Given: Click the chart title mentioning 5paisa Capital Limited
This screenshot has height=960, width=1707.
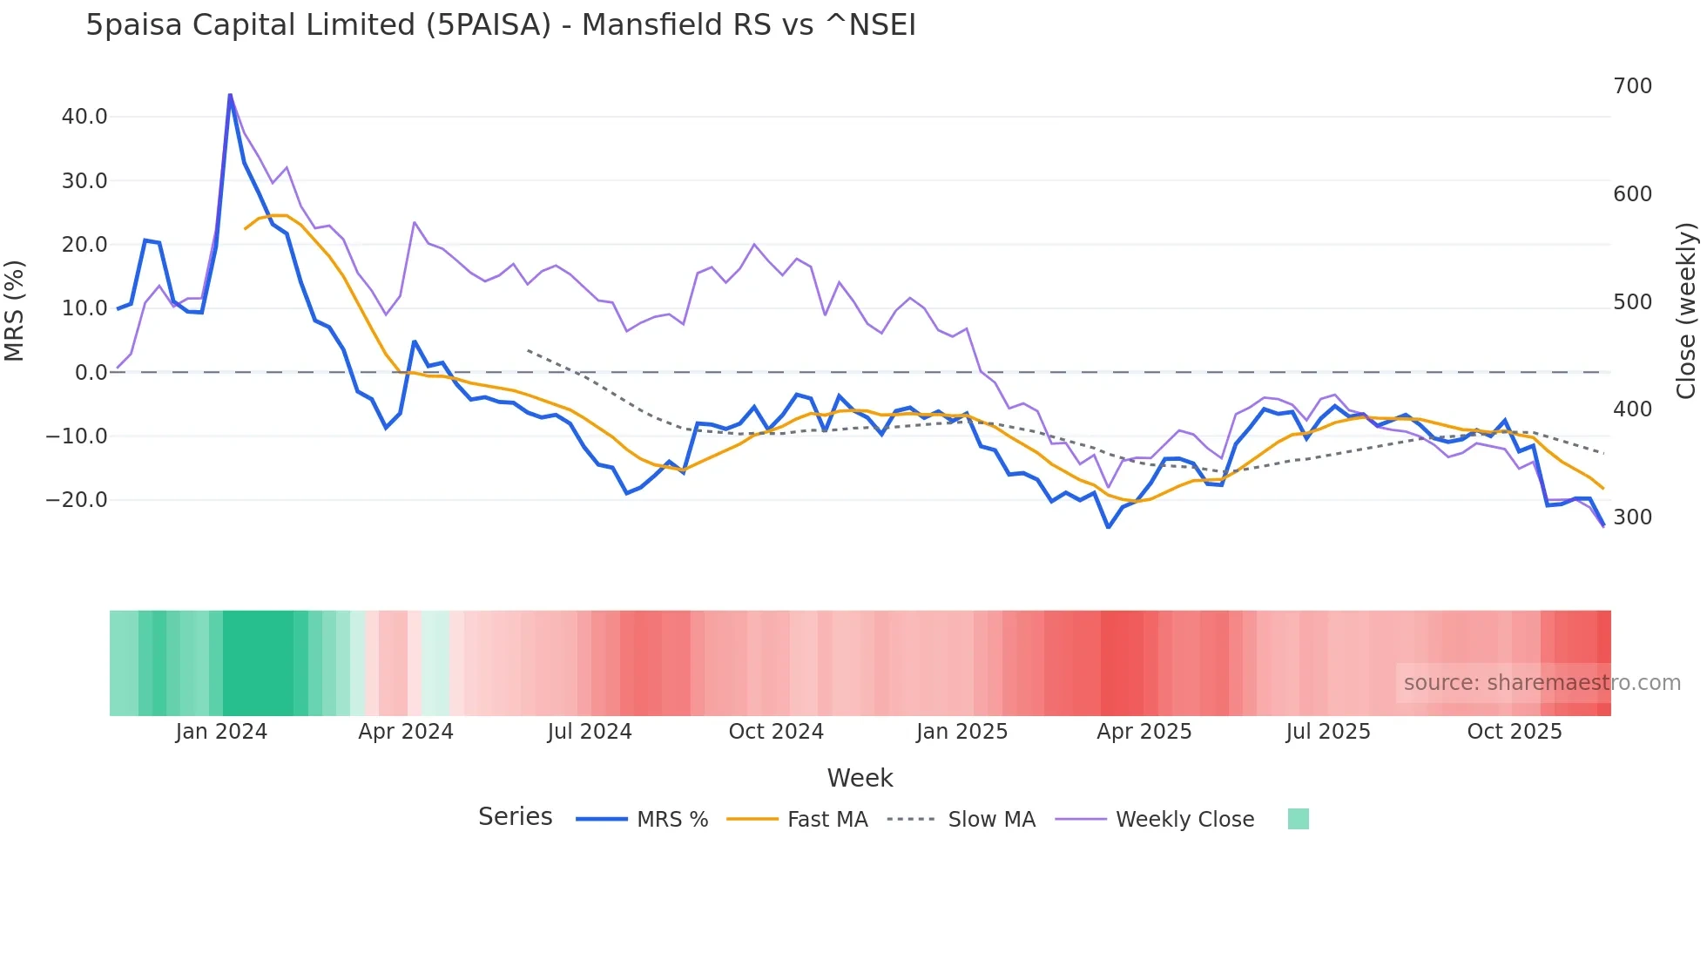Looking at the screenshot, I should point(501,25).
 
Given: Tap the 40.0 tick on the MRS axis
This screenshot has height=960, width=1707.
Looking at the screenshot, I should point(84,117).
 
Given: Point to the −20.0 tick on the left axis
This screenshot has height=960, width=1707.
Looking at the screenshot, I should point(77,500).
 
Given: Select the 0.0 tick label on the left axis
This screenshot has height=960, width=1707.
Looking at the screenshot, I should point(91,373).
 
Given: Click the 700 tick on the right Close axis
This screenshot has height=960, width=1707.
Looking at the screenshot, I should point(1632,86).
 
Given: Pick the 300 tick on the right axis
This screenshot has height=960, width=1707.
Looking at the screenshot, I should point(1632,517).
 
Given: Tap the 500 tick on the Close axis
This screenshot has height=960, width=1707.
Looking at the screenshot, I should point(1632,302).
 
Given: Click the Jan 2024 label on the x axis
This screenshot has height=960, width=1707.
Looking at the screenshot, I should point(221,732).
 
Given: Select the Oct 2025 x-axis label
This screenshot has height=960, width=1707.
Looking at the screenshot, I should point(1514,732).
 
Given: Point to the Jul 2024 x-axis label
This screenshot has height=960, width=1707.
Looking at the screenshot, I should point(590,732).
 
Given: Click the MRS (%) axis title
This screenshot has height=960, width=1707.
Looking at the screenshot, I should point(15,310).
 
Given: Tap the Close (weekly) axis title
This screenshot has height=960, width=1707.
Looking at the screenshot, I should point(1686,310).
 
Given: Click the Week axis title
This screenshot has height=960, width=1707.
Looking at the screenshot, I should point(860,778).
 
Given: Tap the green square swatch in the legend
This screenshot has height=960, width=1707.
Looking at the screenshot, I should point(1298,819).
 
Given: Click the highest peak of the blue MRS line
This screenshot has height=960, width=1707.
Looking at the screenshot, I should point(230,94).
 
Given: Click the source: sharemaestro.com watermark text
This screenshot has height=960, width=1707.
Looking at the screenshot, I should point(1542,683).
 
